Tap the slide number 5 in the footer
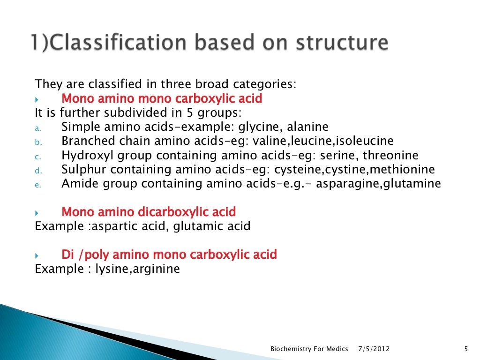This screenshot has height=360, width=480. [465, 349]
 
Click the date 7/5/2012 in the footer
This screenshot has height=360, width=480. [374, 349]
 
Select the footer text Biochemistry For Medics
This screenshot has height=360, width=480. [309, 349]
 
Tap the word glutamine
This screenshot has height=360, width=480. [412, 184]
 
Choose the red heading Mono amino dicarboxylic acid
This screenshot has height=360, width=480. [149, 212]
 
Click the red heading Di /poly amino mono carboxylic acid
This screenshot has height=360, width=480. [169, 255]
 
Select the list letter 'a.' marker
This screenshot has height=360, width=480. [38, 128]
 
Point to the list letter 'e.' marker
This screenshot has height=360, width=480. [38, 185]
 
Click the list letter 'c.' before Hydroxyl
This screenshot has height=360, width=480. [38, 157]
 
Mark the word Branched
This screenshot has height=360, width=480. [85, 141]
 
